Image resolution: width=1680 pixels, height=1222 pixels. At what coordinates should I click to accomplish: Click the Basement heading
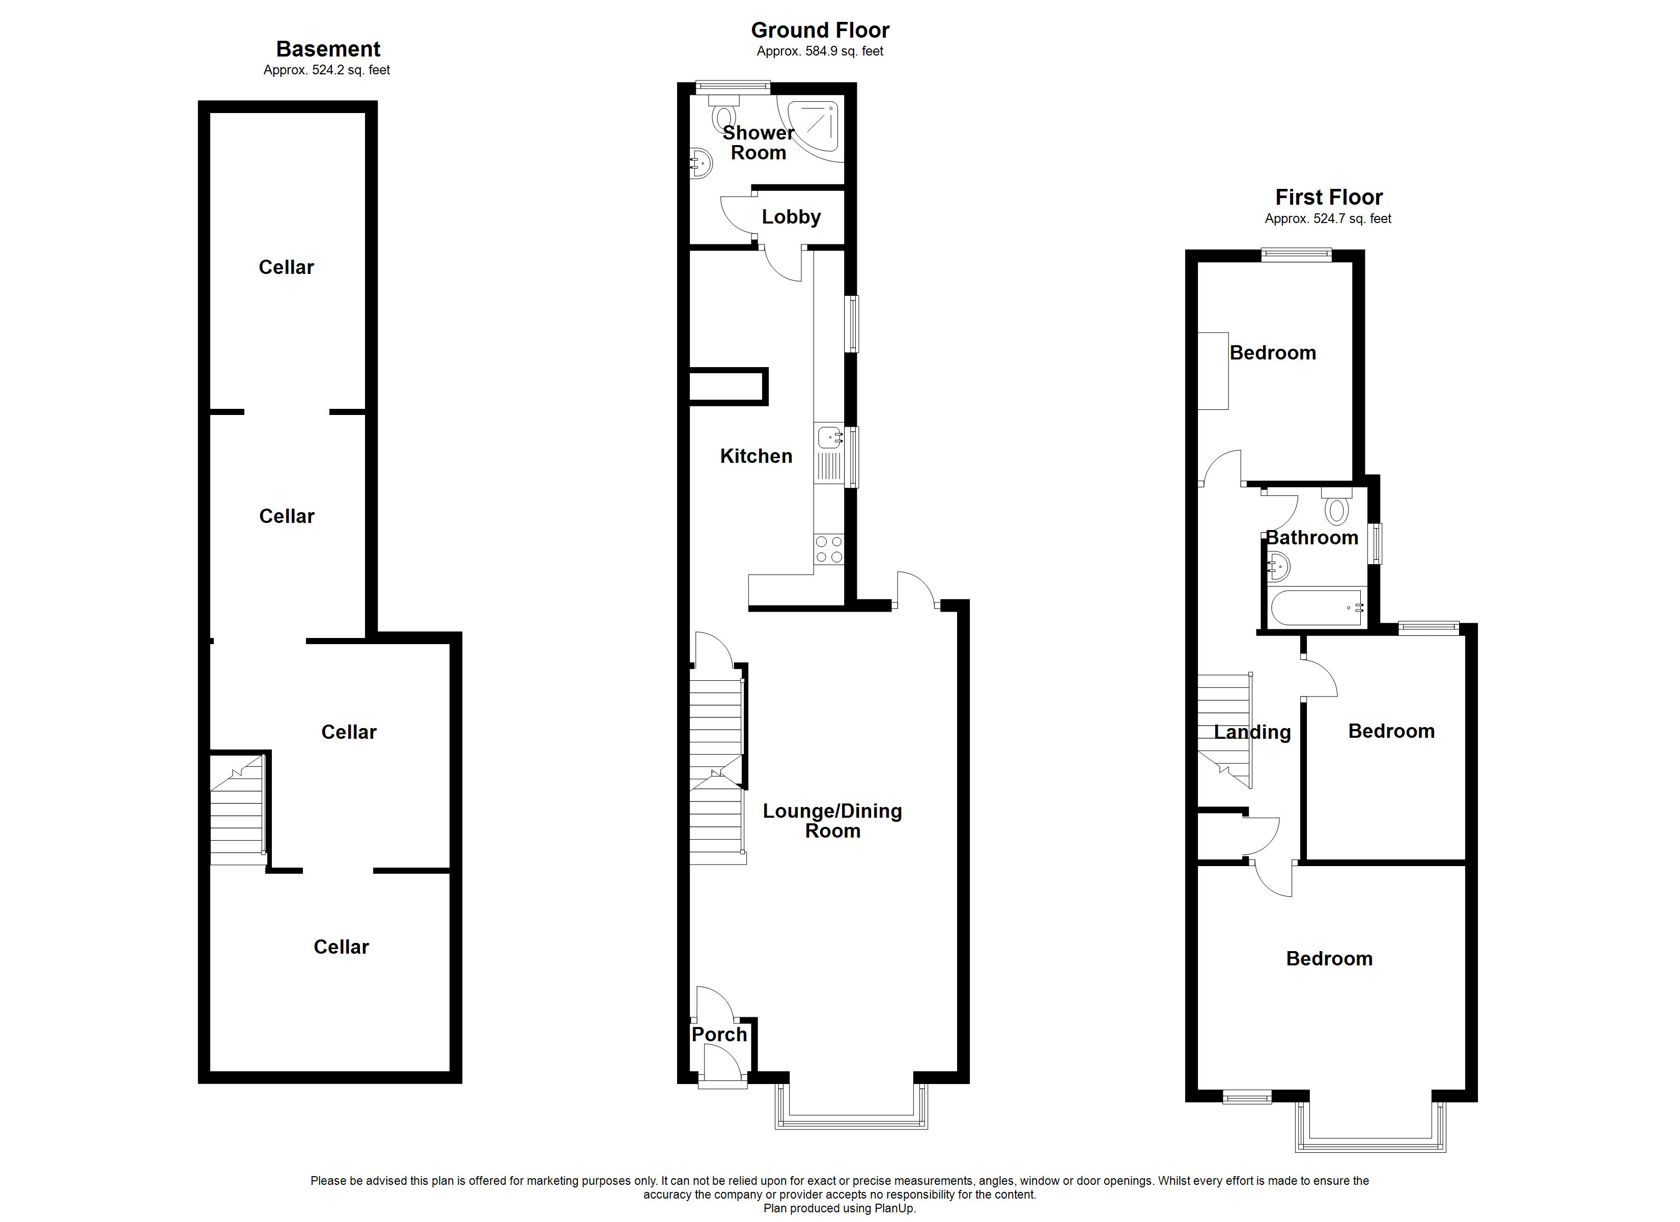[x=328, y=49]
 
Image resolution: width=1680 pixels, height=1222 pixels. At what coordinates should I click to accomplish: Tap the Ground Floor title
[x=820, y=31]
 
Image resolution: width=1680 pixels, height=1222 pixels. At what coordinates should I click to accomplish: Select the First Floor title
[x=1329, y=197]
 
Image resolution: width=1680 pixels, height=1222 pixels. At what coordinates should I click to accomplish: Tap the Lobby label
[x=791, y=217]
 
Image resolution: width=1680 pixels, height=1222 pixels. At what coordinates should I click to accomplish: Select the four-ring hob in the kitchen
[x=829, y=549]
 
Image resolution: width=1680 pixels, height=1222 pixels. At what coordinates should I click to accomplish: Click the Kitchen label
[x=757, y=456]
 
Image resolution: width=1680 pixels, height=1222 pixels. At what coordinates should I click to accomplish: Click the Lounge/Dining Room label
[x=832, y=821]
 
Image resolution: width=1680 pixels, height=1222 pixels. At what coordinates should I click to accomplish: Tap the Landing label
[x=1252, y=732]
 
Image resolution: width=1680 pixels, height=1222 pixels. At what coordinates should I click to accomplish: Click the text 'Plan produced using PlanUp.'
[x=839, y=1209]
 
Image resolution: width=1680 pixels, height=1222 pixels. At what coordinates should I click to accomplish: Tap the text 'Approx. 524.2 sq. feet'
[x=327, y=70]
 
